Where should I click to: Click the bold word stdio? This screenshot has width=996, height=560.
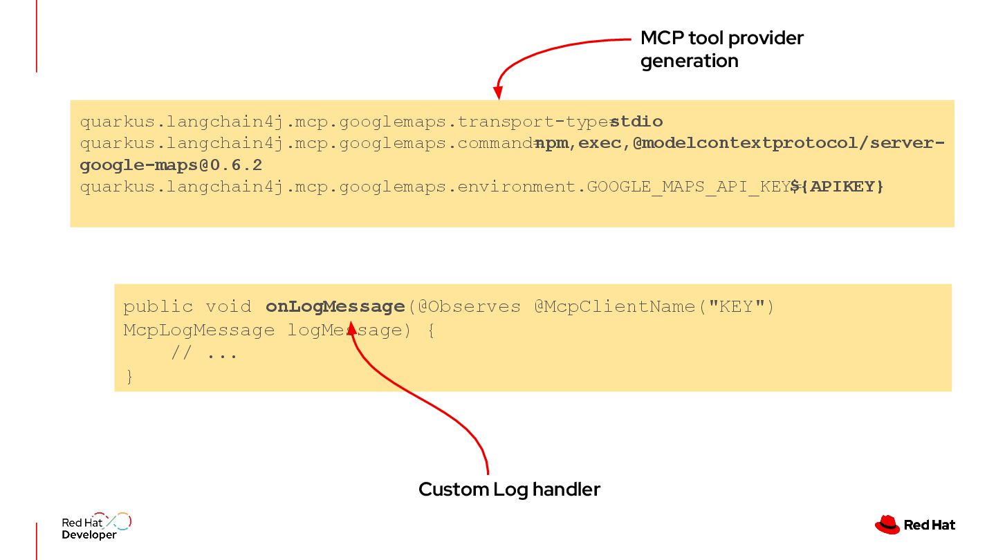[636, 122]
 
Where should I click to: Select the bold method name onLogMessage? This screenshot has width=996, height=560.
[335, 306]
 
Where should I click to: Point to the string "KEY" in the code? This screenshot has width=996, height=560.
[736, 306]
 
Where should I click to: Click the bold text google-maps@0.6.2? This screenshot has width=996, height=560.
[171, 166]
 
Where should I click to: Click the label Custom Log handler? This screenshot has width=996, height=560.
[509, 489]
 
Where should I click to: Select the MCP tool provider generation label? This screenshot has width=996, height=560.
[721, 49]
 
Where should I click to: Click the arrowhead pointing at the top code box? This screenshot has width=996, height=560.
[497, 93]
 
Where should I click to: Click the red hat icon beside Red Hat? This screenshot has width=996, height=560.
[887, 525]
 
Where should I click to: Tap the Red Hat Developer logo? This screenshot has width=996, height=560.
[96, 527]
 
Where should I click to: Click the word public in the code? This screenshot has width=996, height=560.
[158, 306]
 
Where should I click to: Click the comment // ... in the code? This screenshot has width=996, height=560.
[204, 354]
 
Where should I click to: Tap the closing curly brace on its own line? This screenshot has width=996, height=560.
[129, 377]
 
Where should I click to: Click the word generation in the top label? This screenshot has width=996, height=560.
[689, 61]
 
